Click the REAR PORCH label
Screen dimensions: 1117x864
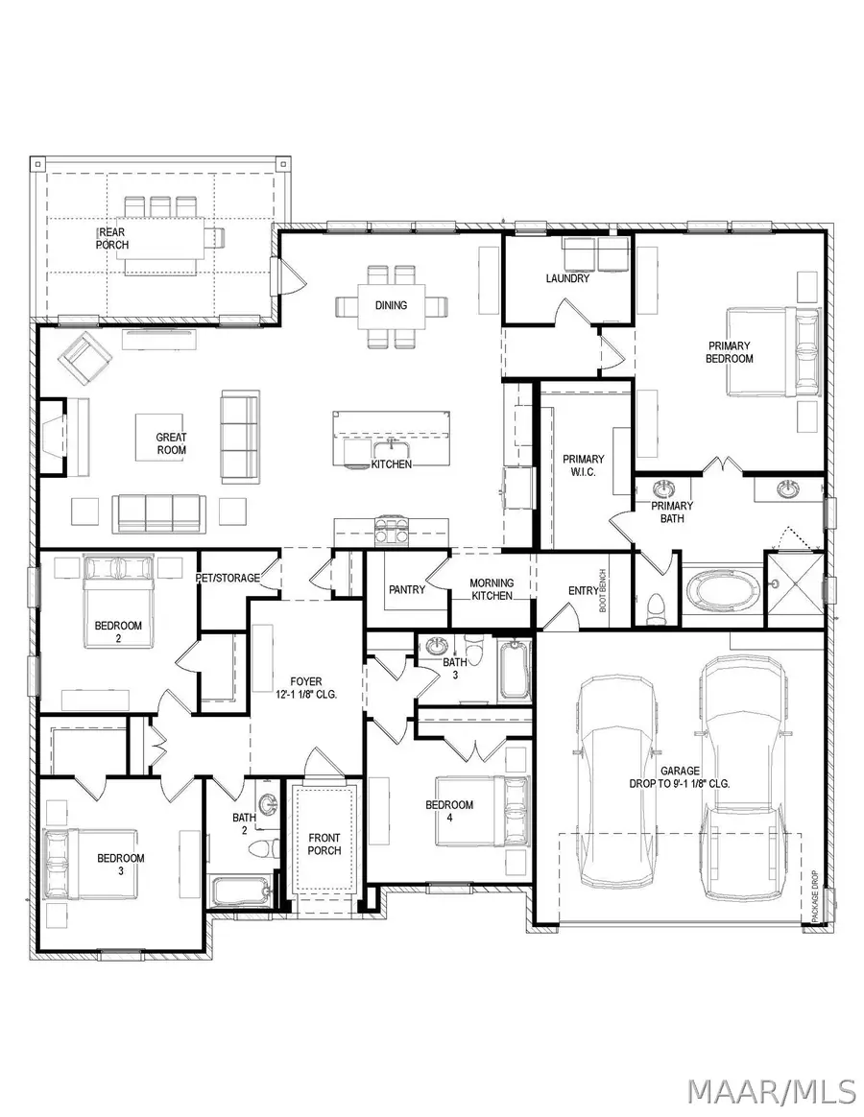point(111,238)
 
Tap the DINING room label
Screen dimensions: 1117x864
point(392,305)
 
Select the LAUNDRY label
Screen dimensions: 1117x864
point(567,279)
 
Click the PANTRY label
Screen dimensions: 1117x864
point(407,589)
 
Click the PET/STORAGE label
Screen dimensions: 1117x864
point(228,579)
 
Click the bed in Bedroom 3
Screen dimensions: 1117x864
point(90,858)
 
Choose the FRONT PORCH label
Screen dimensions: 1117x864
point(324,844)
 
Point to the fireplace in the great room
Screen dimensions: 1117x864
point(56,435)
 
